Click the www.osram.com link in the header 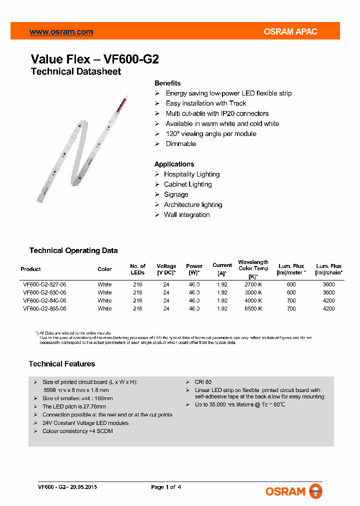[61, 31]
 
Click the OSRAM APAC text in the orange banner [290, 31]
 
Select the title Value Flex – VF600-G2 [94, 59]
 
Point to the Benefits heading [167, 83]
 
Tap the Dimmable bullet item [181, 143]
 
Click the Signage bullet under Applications [176, 194]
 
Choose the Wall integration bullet [186, 214]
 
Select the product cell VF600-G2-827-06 [44, 284]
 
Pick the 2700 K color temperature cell [253, 284]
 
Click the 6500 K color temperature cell [253, 308]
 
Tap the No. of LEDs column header [137, 269]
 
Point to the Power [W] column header [194, 269]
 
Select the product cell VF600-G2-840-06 [44, 300]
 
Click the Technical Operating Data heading [73, 250]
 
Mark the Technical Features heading [62, 364]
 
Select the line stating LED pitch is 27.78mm [74, 406]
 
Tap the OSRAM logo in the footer [294, 491]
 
